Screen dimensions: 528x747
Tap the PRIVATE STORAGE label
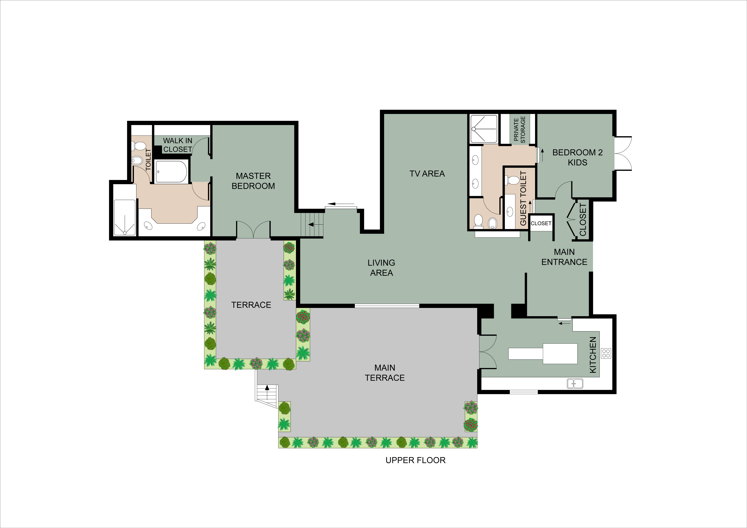tap(519, 129)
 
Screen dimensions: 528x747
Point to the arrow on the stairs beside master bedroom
tap(311, 224)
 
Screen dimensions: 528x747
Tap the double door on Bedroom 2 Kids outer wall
tap(623, 153)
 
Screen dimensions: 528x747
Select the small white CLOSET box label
tap(541, 223)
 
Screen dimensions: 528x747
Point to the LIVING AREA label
tap(381, 268)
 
